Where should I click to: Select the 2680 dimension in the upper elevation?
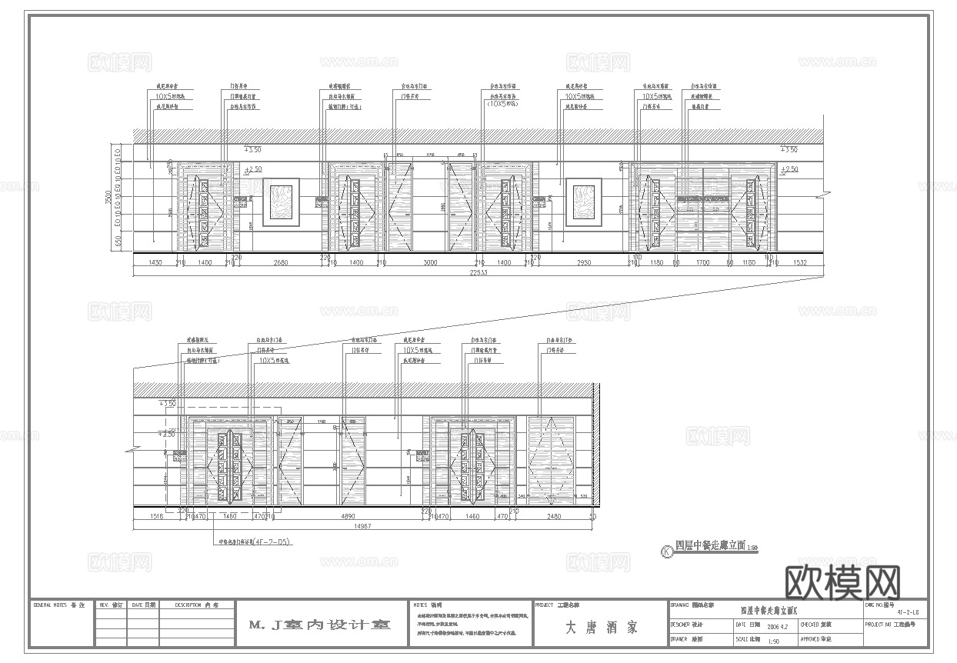coord(280,263)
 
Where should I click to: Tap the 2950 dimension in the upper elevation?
coord(583,263)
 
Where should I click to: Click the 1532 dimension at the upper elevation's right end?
coord(801,263)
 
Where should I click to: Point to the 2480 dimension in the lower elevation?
coord(553,518)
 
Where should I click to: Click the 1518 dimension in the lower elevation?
coord(158,518)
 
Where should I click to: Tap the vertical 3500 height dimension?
coord(108,198)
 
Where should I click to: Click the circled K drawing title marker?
coord(665,551)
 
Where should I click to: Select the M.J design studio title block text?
coord(320,625)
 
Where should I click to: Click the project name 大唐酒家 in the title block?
coord(601,628)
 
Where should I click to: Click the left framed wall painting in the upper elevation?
coord(282,202)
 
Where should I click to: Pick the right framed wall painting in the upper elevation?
coord(584,202)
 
